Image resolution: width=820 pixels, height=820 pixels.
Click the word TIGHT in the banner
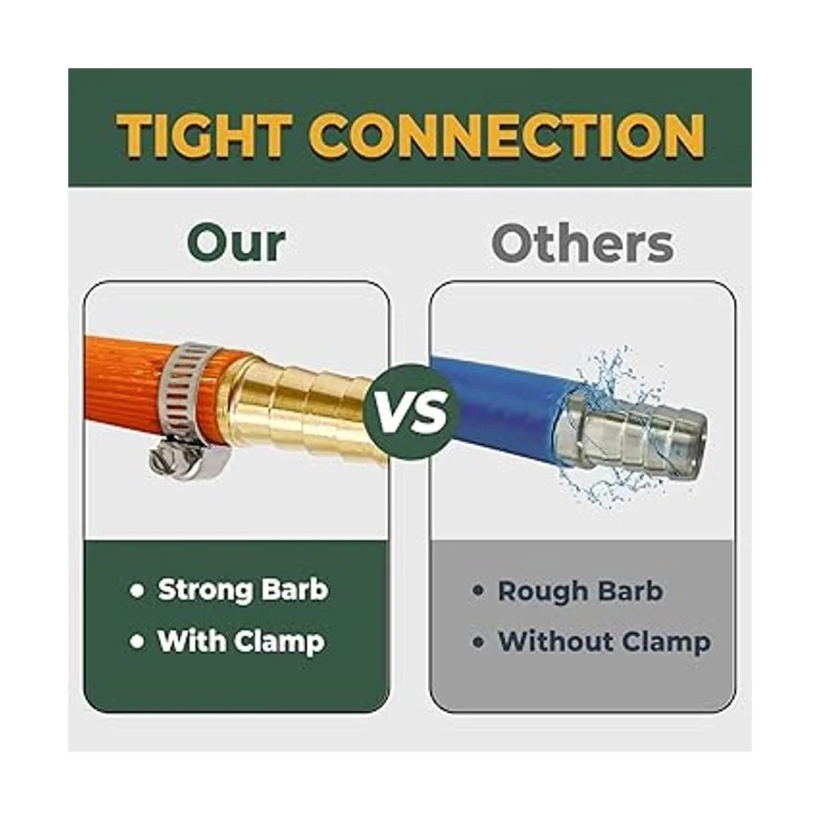click(x=204, y=136)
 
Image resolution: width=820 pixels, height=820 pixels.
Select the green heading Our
click(x=236, y=244)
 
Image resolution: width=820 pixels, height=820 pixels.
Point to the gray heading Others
click(x=582, y=243)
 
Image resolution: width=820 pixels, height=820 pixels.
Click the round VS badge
click(x=411, y=411)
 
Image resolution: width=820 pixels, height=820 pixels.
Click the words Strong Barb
click(x=243, y=589)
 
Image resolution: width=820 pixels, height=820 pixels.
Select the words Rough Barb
click(x=580, y=591)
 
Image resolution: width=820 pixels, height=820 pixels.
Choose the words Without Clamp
click(x=604, y=642)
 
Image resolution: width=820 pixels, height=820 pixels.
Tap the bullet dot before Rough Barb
click(x=478, y=592)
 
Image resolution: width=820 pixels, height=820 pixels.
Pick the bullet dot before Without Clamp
click(x=478, y=642)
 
